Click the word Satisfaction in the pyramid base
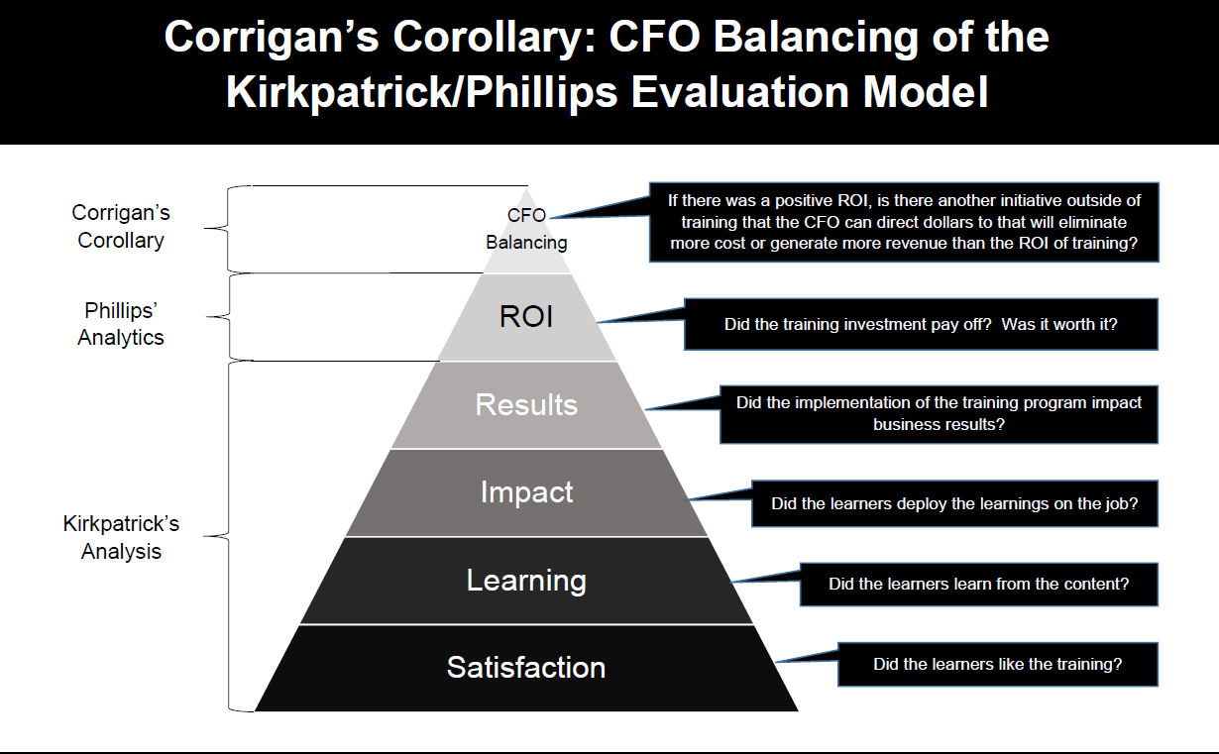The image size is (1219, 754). point(525,667)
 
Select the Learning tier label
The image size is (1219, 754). point(526,581)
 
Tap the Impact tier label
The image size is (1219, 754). point(526,492)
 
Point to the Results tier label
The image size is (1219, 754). point(526,405)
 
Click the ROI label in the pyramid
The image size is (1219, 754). point(525,316)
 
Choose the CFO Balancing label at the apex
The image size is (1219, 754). point(526,229)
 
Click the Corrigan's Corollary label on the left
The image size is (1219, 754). point(121,226)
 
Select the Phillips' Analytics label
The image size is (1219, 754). point(121,324)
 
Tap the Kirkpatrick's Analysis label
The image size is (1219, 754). point(121,537)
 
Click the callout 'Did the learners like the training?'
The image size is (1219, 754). point(998,664)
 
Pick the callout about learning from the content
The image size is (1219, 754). point(978,585)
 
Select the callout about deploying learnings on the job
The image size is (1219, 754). point(954,503)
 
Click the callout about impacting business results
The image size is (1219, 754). point(939,414)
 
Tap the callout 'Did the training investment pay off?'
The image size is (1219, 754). point(921,324)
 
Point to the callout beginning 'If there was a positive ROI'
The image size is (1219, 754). point(904,222)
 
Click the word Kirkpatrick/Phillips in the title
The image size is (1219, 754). point(422,92)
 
